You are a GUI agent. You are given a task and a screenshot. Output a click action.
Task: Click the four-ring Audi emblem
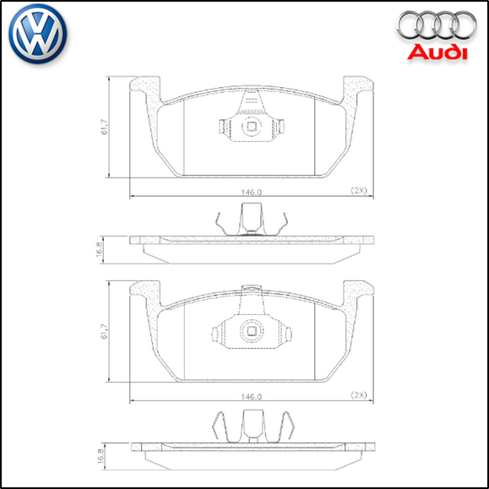click(436, 26)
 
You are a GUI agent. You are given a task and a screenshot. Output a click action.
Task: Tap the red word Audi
click(436, 52)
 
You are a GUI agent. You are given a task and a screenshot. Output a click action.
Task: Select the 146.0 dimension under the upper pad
click(251, 192)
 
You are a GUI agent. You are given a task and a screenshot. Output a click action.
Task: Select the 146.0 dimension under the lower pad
click(251, 395)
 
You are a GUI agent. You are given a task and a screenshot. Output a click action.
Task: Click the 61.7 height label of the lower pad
click(104, 331)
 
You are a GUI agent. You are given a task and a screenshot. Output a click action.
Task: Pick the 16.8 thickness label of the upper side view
click(100, 249)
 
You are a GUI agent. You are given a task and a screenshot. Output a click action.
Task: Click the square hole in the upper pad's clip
click(250, 128)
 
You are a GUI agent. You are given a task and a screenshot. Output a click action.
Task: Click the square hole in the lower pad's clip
click(250, 331)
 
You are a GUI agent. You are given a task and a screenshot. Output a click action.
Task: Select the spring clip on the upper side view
click(250, 224)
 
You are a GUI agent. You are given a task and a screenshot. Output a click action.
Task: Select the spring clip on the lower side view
click(250, 427)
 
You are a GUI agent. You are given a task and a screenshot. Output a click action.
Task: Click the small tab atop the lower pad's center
click(250, 290)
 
